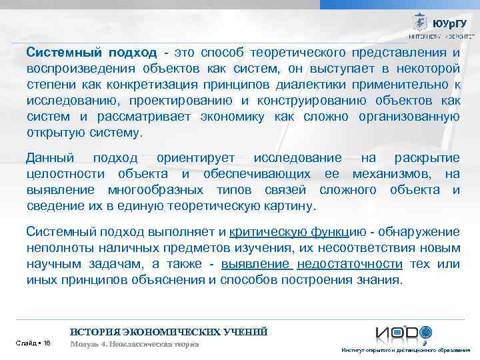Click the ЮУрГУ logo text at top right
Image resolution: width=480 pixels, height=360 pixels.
point(453,23)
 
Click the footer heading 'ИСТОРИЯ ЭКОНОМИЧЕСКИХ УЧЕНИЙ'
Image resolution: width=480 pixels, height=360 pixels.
point(169,331)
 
